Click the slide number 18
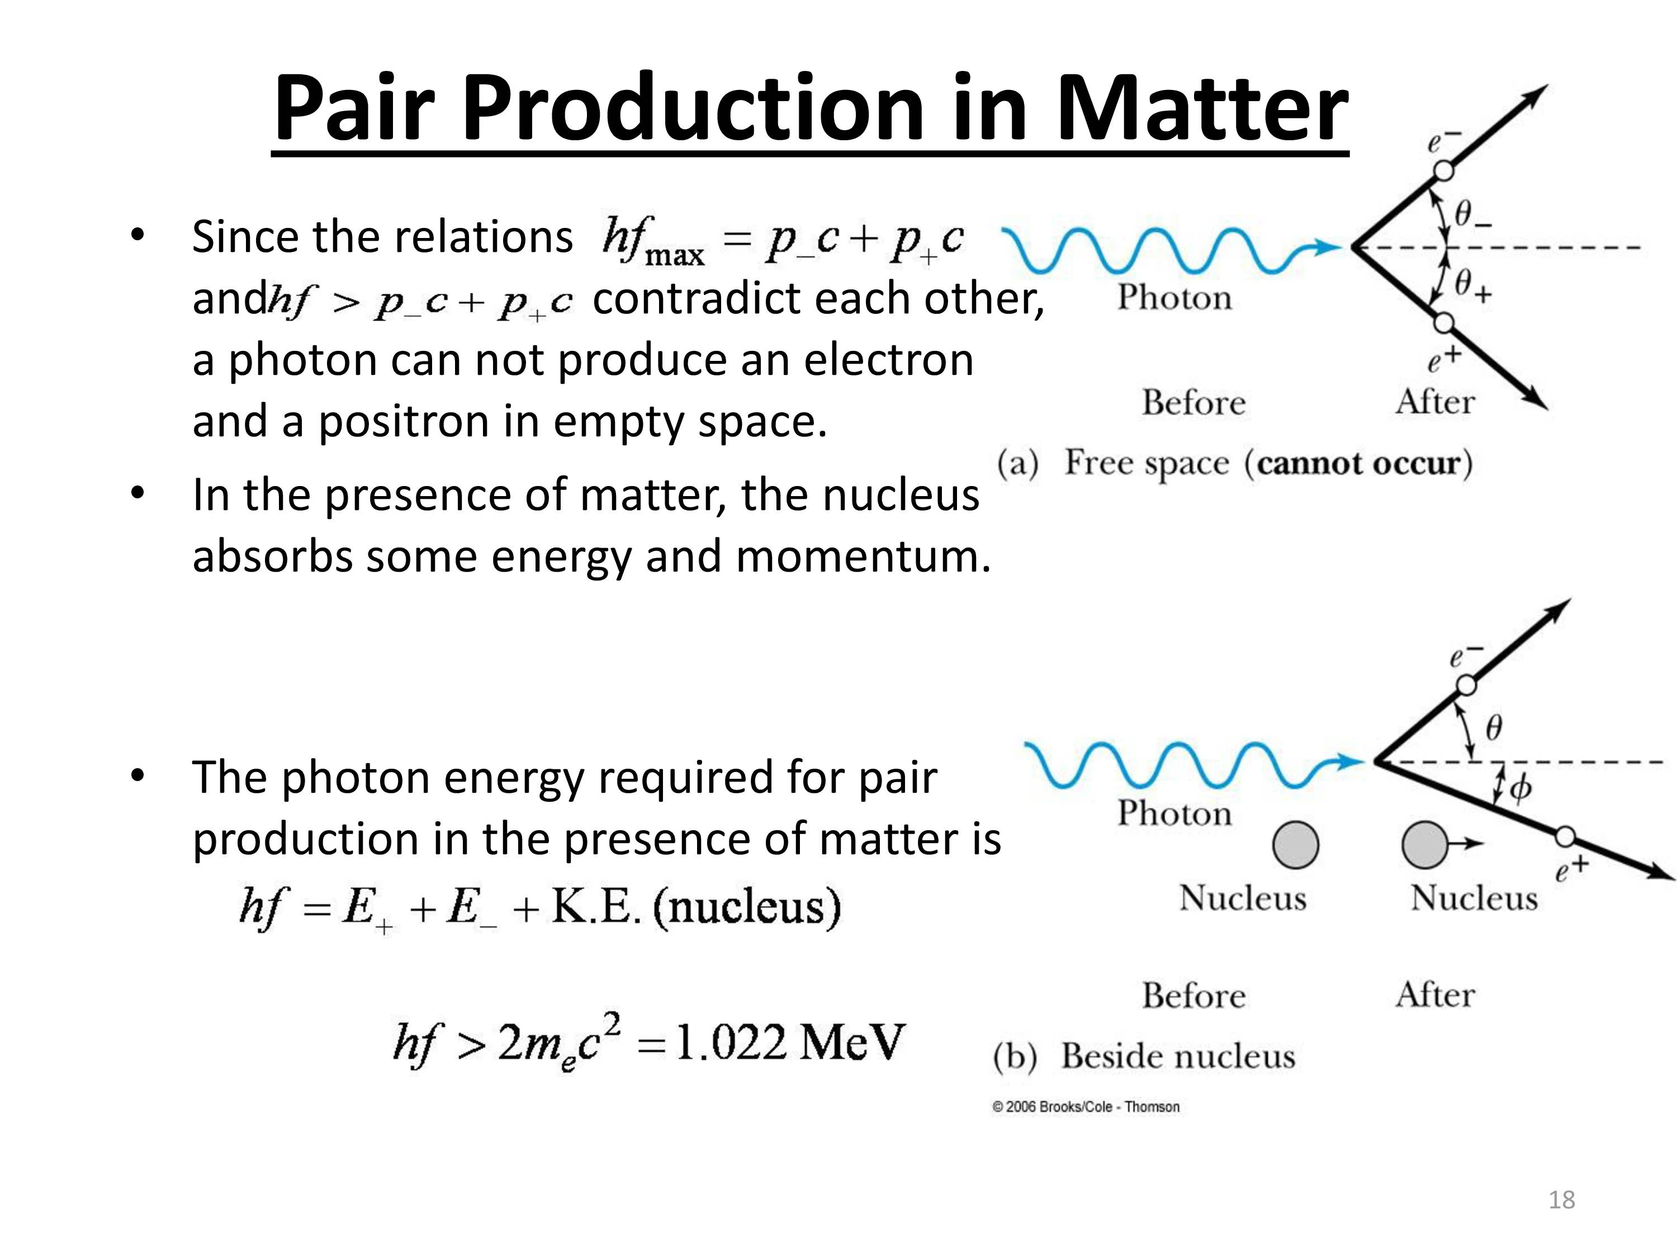(1562, 1199)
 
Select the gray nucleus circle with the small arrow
(1424, 844)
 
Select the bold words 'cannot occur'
(1358, 462)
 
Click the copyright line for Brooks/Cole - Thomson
(1086, 1107)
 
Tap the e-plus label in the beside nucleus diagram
(1571, 869)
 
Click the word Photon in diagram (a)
(1174, 297)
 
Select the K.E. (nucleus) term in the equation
(696, 907)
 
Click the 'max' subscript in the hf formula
(674, 255)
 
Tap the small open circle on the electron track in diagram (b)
(1466, 685)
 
